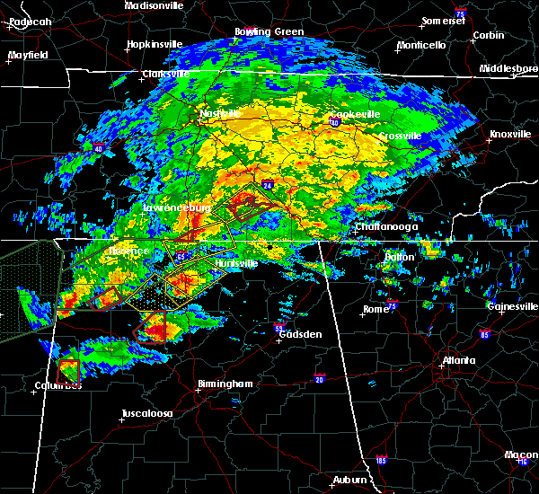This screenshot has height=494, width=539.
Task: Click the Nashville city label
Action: (221, 114)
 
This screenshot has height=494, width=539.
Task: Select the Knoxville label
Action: (509, 135)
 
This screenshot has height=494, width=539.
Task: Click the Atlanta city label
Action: (458, 361)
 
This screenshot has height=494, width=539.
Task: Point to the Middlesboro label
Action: (508, 68)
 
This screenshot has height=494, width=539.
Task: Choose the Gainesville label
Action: (511, 306)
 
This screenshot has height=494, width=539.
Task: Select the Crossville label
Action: (400, 136)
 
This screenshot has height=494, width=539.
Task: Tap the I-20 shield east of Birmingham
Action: (320, 378)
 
